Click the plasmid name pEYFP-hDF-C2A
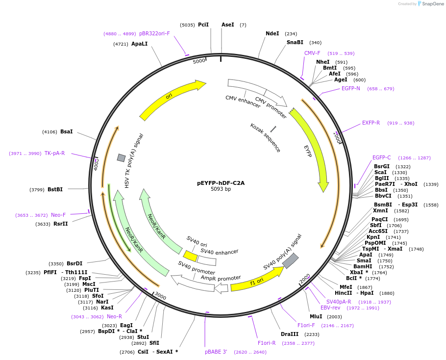(x=221, y=183)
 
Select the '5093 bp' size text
(x=221, y=189)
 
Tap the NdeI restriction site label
(x=272, y=34)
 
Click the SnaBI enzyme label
(x=295, y=43)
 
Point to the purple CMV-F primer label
(x=312, y=53)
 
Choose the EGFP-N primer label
(x=350, y=89)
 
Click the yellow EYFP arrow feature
(x=314, y=147)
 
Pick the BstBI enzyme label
(x=55, y=189)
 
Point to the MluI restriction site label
(x=316, y=316)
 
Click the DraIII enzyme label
(x=290, y=334)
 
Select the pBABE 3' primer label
(x=216, y=352)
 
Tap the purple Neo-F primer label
(x=58, y=215)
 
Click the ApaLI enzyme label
(x=139, y=44)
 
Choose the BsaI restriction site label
(x=66, y=131)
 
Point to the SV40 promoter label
(x=196, y=268)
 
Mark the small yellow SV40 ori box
(x=190, y=256)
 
